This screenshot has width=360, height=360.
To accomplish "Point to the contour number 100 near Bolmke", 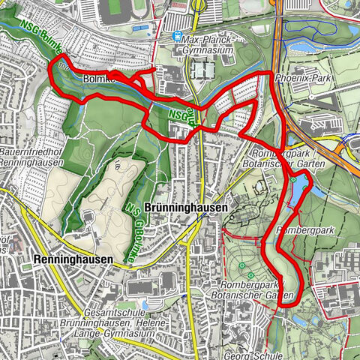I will click(x=62, y=64).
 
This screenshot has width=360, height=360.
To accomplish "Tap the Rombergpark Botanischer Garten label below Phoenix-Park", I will click(x=283, y=158).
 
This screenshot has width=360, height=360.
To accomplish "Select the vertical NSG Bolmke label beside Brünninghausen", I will click(x=137, y=220).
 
